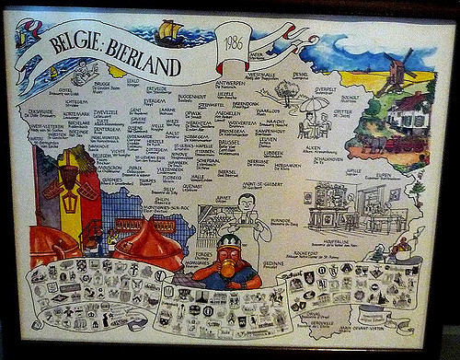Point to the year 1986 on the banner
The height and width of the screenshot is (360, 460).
coord(232,43)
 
